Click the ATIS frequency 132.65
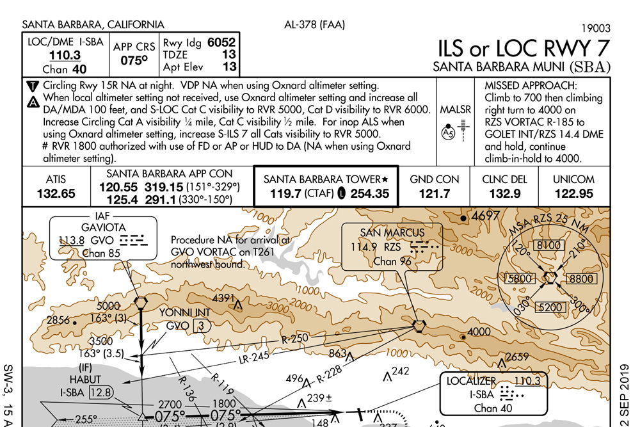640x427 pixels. pyautogui.click(x=56, y=193)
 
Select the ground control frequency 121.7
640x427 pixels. pyautogui.click(x=434, y=193)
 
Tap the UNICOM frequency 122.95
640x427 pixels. pyautogui.click(x=573, y=193)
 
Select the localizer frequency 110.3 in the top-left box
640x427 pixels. pyautogui.click(x=65, y=55)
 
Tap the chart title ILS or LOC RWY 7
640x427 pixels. pyautogui.click(x=524, y=48)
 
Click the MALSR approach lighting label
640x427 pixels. pyautogui.click(x=455, y=110)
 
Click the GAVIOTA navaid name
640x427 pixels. pyautogui.click(x=103, y=227)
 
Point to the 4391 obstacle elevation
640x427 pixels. pyautogui.click(x=225, y=298)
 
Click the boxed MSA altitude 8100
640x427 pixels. pyautogui.click(x=550, y=245)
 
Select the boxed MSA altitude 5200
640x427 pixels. pyautogui.click(x=550, y=308)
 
